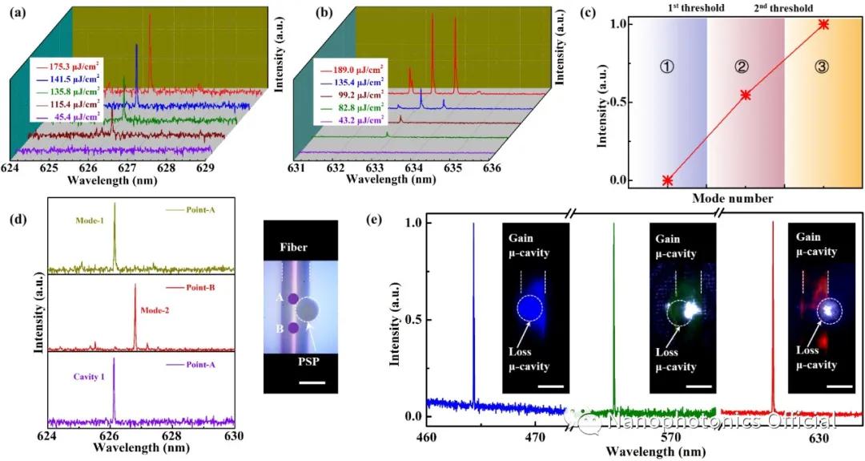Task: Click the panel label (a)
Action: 15,13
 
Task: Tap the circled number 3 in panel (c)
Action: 820,67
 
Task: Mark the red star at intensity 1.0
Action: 823,24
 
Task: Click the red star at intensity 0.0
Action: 667,180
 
